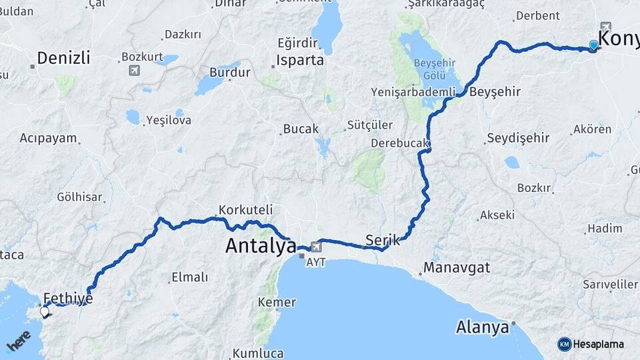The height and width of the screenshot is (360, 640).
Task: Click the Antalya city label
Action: click(261, 246)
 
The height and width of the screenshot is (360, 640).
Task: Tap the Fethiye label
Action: click(67, 297)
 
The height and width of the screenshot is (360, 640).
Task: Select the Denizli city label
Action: click(63, 58)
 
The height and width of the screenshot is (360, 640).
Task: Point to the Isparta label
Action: click(300, 60)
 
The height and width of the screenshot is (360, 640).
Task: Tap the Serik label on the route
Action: click(383, 240)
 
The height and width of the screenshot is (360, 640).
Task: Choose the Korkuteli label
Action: click(246, 209)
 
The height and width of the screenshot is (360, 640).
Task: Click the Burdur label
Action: click(229, 72)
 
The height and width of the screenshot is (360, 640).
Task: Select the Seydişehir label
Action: click(518, 138)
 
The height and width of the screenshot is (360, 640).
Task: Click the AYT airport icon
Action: click(315, 248)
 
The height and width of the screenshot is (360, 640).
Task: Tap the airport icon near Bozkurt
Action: click(135, 70)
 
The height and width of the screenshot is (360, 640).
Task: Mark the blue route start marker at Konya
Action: click(593, 45)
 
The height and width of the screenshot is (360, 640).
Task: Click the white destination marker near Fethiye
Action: click(45, 311)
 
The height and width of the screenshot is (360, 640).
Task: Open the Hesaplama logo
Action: click(591, 344)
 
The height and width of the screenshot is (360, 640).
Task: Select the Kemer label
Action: click(277, 302)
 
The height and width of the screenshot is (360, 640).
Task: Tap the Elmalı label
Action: click(189, 277)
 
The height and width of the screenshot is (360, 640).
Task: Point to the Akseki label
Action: click(497, 215)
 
